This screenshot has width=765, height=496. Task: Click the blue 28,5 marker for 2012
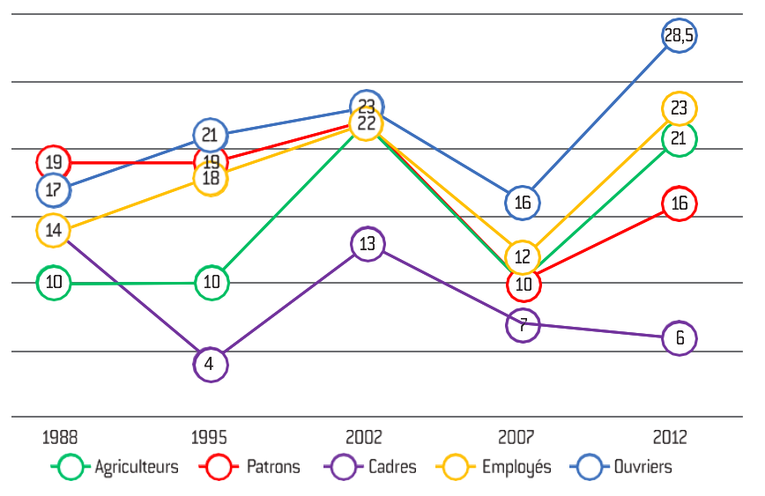680,35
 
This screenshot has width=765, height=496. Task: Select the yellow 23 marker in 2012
680,108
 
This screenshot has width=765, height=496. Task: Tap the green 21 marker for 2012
680,138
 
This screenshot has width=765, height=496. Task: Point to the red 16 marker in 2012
680,204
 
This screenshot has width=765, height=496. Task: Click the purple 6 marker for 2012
680,337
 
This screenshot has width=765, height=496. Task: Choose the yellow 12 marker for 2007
523,257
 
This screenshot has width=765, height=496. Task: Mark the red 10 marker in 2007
524,284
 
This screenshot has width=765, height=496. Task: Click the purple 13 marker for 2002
368,244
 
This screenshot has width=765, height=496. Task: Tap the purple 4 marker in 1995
210,363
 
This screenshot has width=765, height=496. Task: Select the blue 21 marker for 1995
211,135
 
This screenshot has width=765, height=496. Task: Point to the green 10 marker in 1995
211,283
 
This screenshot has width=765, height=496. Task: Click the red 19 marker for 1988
53,162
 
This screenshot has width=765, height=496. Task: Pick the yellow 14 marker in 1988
53,230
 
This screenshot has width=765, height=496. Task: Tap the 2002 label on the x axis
364,438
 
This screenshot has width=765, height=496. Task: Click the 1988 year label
60,438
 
